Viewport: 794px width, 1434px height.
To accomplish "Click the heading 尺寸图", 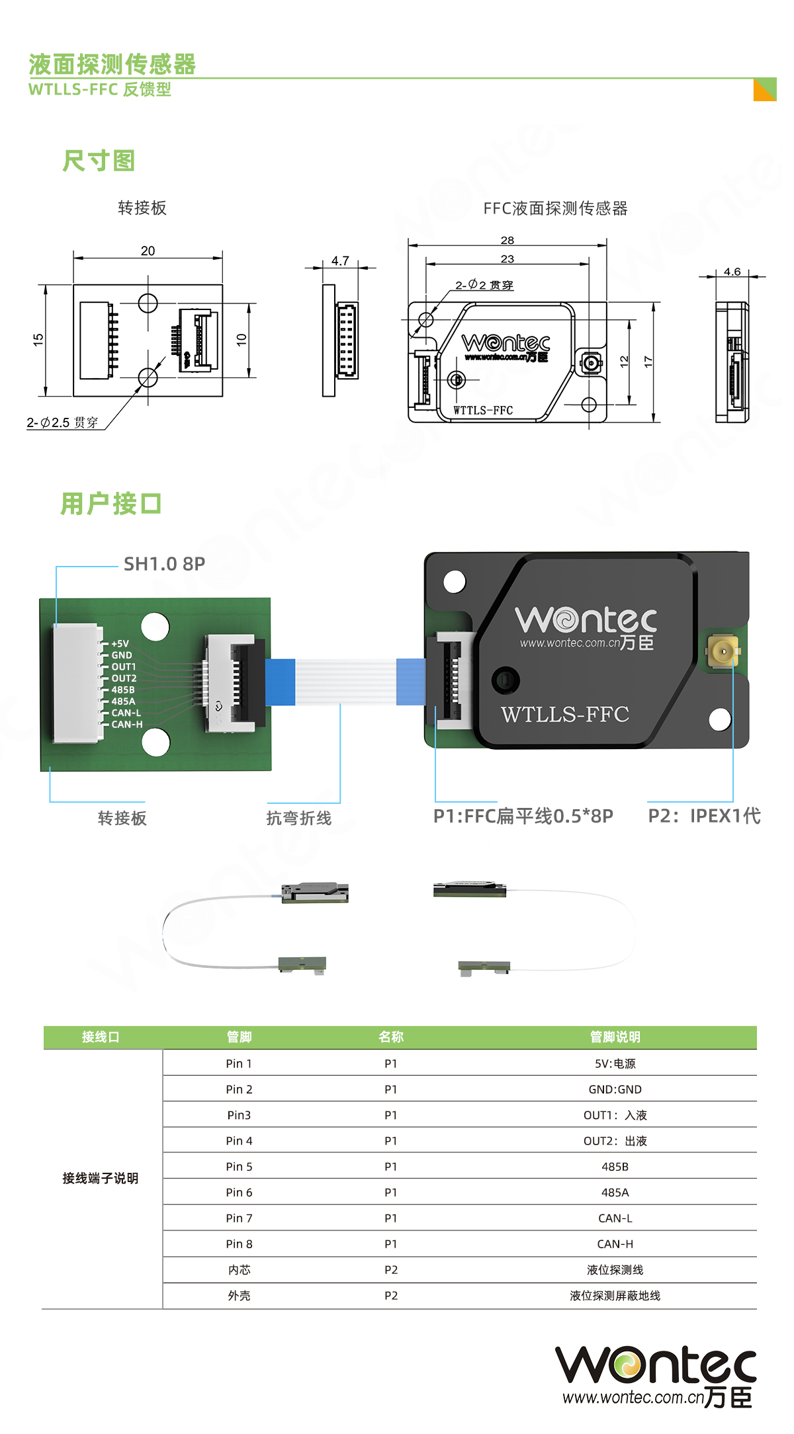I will click(x=99, y=161).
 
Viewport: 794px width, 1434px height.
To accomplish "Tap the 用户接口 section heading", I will click(x=111, y=504).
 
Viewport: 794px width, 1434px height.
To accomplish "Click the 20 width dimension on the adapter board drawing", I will click(x=148, y=251).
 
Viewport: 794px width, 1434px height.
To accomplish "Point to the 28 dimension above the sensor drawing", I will click(x=507, y=241).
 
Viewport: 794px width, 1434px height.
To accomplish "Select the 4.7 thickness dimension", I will click(x=340, y=261).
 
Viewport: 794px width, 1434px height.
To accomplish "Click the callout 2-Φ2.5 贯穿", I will click(x=62, y=422).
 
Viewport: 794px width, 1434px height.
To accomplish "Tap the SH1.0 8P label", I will click(x=164, y=564).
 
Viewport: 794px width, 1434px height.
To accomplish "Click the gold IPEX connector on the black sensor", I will click(x=723, y=651).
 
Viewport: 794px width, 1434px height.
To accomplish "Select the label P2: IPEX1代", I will click(x=704, y=816).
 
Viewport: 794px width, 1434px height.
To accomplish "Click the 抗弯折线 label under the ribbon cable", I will click(x=299, y=818).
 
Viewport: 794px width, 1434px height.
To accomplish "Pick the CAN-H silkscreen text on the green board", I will click(x=126, y=725).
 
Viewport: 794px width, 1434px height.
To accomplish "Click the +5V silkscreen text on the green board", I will click(x=120, y=644).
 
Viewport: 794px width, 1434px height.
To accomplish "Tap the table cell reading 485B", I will click(x=615, y=1167).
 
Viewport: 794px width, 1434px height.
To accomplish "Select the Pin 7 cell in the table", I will click(x=239, y=1218).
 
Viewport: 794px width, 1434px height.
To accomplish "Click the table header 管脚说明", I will click(x=615, y=1037).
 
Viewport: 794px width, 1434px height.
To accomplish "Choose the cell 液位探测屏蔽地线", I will click(x=615, y=1296).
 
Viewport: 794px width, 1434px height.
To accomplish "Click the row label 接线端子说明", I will click(x=101, y=1178).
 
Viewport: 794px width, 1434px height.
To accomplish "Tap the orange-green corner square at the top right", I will click(x=765, y=90).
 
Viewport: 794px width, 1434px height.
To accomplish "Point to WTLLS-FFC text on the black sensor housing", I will click(x=564, y=715).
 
